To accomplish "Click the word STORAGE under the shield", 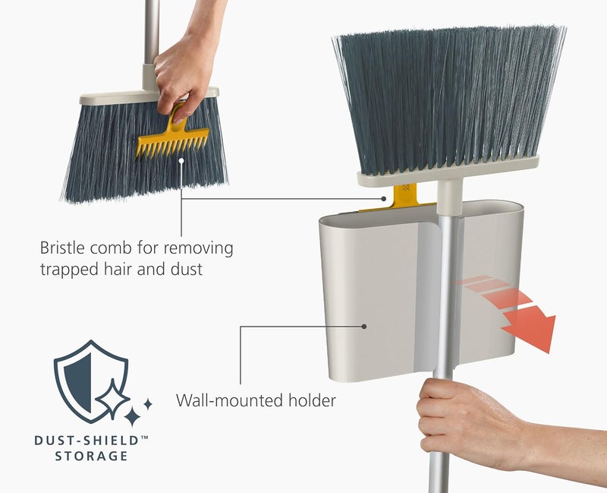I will pos(90,456).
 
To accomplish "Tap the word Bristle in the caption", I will pos(63,248).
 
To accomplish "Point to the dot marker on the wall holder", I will pos(365,327).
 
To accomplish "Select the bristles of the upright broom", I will pos(448,99).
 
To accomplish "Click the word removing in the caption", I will pos(201,248).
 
